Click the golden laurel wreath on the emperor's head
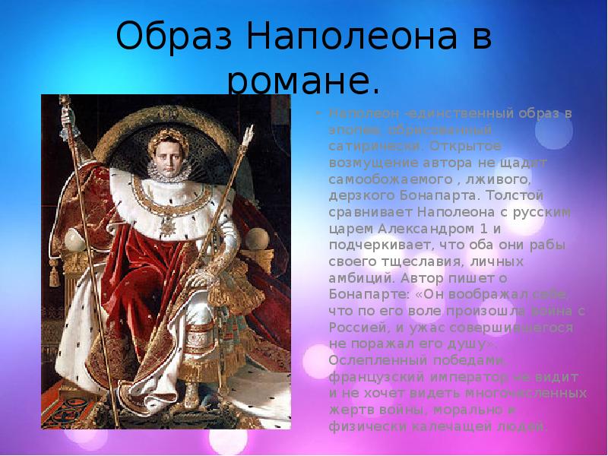(174, 123)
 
